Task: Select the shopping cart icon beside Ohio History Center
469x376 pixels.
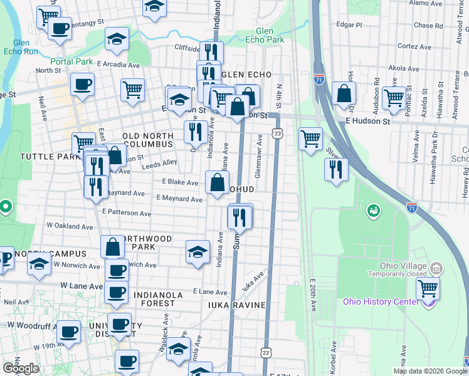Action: tap(428, 289)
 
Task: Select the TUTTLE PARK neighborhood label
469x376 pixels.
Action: tap(43, 156)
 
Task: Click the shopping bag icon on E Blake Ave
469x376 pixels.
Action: tap(217, 183)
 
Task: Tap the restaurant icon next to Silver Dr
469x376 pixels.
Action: tap(336, 169)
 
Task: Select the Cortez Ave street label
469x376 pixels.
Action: tap(414, 47)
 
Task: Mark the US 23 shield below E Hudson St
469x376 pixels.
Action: tap(277, 133)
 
